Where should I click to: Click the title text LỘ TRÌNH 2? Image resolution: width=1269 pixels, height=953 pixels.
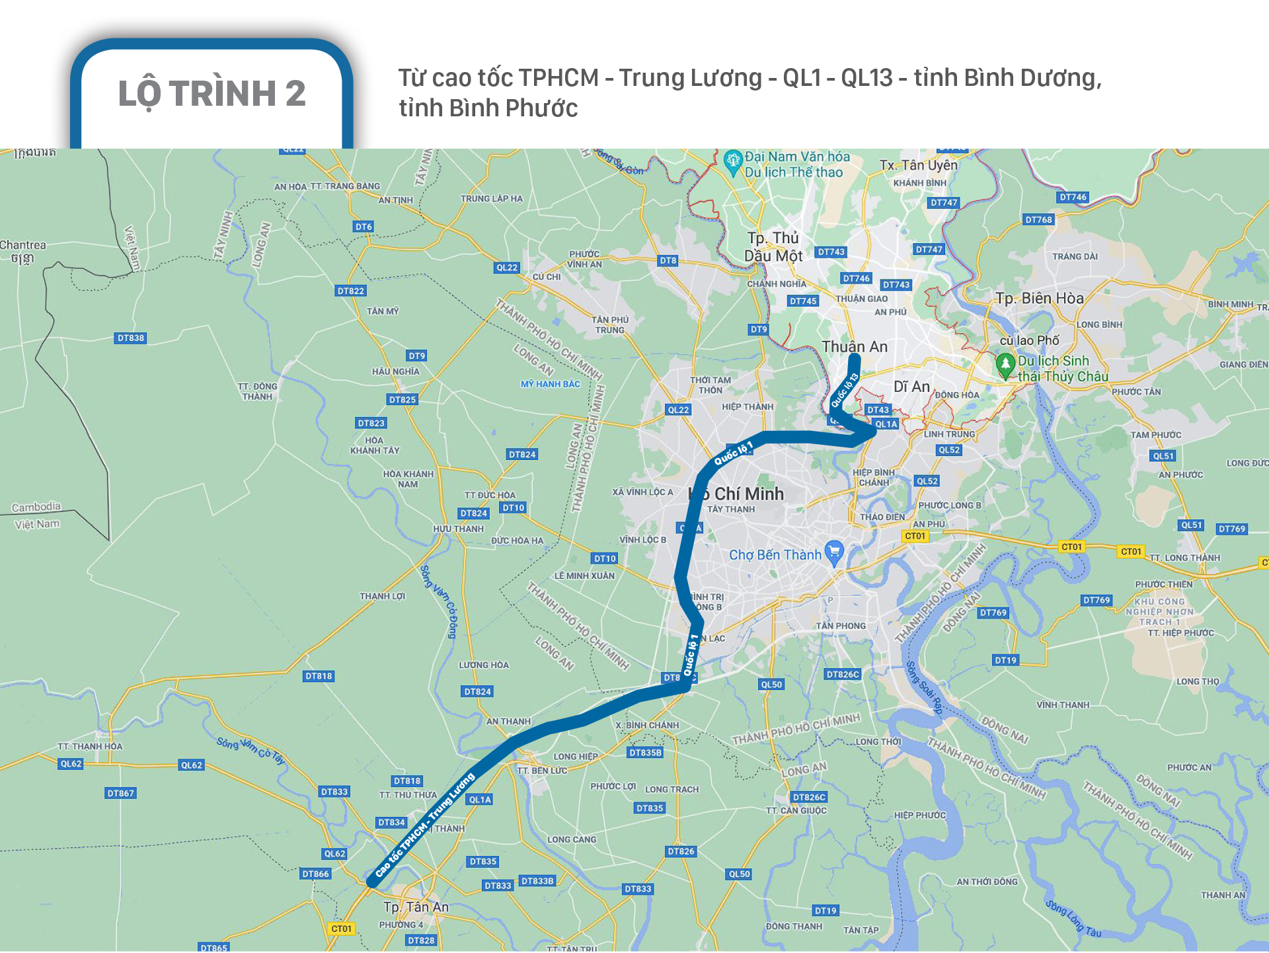(211, 93)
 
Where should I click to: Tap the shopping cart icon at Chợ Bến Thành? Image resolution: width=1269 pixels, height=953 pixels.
(835, 552)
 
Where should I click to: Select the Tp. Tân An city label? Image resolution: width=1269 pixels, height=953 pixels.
(416, 907)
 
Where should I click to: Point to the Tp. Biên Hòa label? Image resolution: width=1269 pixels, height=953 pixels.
(1040, 298)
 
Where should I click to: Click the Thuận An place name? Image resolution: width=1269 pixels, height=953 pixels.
(855, 347)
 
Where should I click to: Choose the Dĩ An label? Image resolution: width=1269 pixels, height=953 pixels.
(911, 387)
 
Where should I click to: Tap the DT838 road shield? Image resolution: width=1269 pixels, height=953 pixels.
(131, 338)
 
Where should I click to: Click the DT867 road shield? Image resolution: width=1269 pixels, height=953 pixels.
(120, 793)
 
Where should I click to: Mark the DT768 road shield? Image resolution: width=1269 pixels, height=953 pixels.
(1038, 219)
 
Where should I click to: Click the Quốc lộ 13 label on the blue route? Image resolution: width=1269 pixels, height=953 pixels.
(844, 390)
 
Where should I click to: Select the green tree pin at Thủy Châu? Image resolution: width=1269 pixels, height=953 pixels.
(1005, 364)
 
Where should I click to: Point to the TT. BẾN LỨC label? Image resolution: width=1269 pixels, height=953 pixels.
(542, 771)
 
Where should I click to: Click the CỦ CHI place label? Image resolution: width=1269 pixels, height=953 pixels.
(547, 277)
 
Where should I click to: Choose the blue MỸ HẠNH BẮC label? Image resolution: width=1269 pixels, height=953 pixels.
(550, 384)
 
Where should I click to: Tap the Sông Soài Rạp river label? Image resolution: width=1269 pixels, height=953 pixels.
(923, 687)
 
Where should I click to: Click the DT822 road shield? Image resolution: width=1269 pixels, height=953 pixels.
(350, 291)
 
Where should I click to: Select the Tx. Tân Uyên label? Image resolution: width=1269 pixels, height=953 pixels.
(918, 165)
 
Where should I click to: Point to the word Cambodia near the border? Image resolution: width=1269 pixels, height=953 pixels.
(36, 508)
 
